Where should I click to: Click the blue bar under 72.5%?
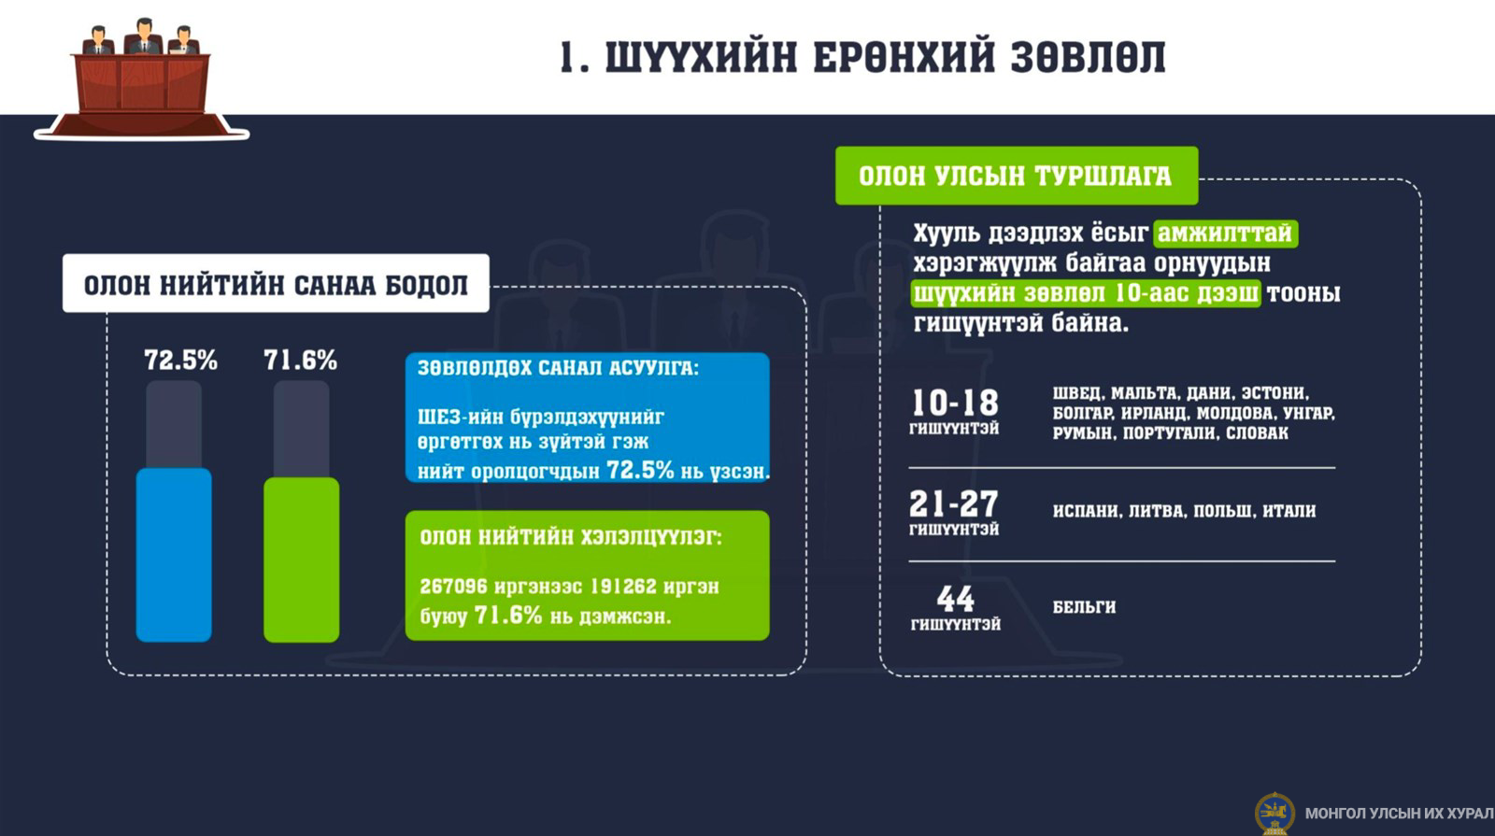[x=174, y=555]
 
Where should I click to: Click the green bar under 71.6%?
[x=301, y=560]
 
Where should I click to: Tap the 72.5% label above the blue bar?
[x=181, y=361]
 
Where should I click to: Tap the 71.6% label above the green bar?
[x=300, y=361]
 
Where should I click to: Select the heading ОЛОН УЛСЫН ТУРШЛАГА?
[x=1015, y=177]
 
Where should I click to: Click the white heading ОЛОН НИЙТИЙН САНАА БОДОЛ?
[x=276, y=285]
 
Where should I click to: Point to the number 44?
[x=955, y=599]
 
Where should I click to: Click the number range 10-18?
[x=955, y=404]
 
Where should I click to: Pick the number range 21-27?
[x=954, y=503]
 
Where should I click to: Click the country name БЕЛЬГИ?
[x=1084, y=607]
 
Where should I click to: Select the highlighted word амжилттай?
[x=1225, y=234]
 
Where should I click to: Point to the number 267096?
[x=453, y=587]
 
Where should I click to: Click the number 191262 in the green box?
[x=622, y=587]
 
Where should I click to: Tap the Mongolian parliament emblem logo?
[x=1274, y=814]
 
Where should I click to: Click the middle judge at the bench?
[x=144, y=36]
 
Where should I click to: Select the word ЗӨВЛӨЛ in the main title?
[x=1088, y=57]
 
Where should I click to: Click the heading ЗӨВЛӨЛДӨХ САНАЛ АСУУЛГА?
[x=558, y=368]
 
